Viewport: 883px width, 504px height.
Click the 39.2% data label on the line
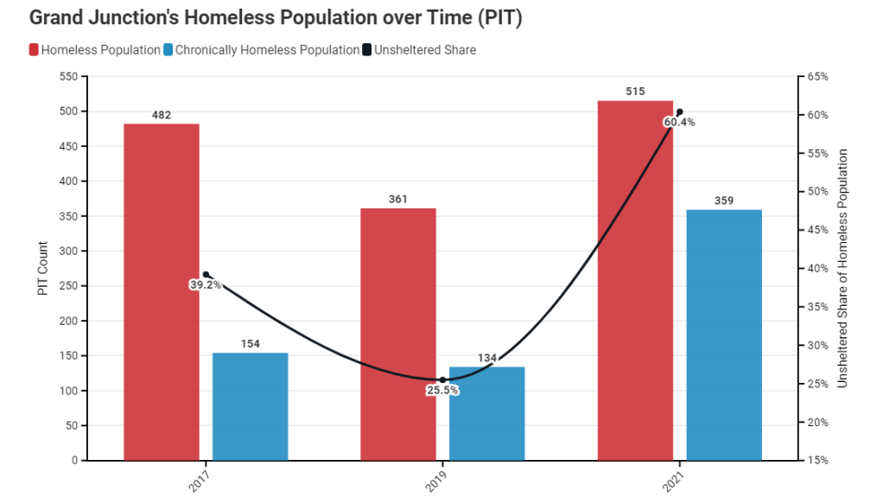pos(206,284)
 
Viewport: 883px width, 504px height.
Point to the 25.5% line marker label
pos(442,390)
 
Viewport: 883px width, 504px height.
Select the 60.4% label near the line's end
pos(679,122)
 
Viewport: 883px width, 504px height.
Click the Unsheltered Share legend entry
pos(424,50)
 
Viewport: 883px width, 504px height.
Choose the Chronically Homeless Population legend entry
pos(267,50)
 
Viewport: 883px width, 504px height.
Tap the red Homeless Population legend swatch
pos(34,50)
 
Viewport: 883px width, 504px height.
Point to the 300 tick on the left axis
pos(67,252)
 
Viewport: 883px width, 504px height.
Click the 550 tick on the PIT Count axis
pos(67,77)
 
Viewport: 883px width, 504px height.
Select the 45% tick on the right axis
pos(816,230)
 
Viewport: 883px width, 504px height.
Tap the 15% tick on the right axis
pos(816,461)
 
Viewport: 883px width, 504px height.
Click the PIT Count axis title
pos(43,269)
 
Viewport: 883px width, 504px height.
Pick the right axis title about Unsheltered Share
pos(842,268)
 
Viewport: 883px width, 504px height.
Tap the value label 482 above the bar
pos(162,114)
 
